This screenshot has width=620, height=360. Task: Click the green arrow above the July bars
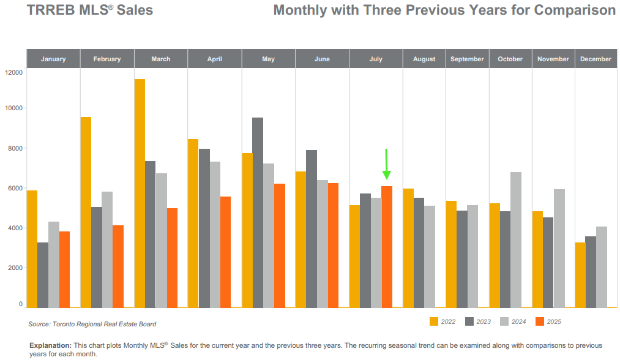[386, 164]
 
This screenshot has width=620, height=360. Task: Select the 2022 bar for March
[140, 193]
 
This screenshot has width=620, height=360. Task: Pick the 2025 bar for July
[387, 247]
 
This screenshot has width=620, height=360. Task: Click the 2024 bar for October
[516, 239]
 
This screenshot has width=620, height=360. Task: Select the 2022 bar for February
[86, 212]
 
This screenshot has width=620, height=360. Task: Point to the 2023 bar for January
[43, 275]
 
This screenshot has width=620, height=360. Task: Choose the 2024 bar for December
[602, 267]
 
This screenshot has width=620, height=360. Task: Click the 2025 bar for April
[225, 252]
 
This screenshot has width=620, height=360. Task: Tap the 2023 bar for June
[312, 228]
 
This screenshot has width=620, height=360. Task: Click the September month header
[467, 59]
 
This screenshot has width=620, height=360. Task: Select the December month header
[596, 59]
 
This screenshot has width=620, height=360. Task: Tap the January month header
[53, 59]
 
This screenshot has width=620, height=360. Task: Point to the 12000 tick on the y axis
[13, 72]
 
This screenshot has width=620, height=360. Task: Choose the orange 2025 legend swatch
[540, 321]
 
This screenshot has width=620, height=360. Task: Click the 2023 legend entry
[477, 321]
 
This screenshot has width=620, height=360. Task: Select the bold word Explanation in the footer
[51, 346]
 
